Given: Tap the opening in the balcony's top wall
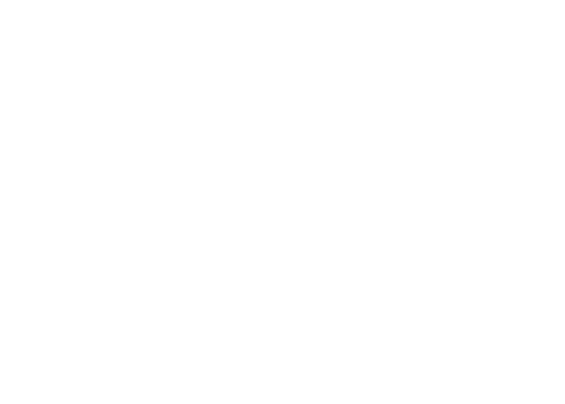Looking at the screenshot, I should point(490,327).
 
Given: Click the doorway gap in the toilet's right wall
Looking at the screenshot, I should point(58,181).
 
